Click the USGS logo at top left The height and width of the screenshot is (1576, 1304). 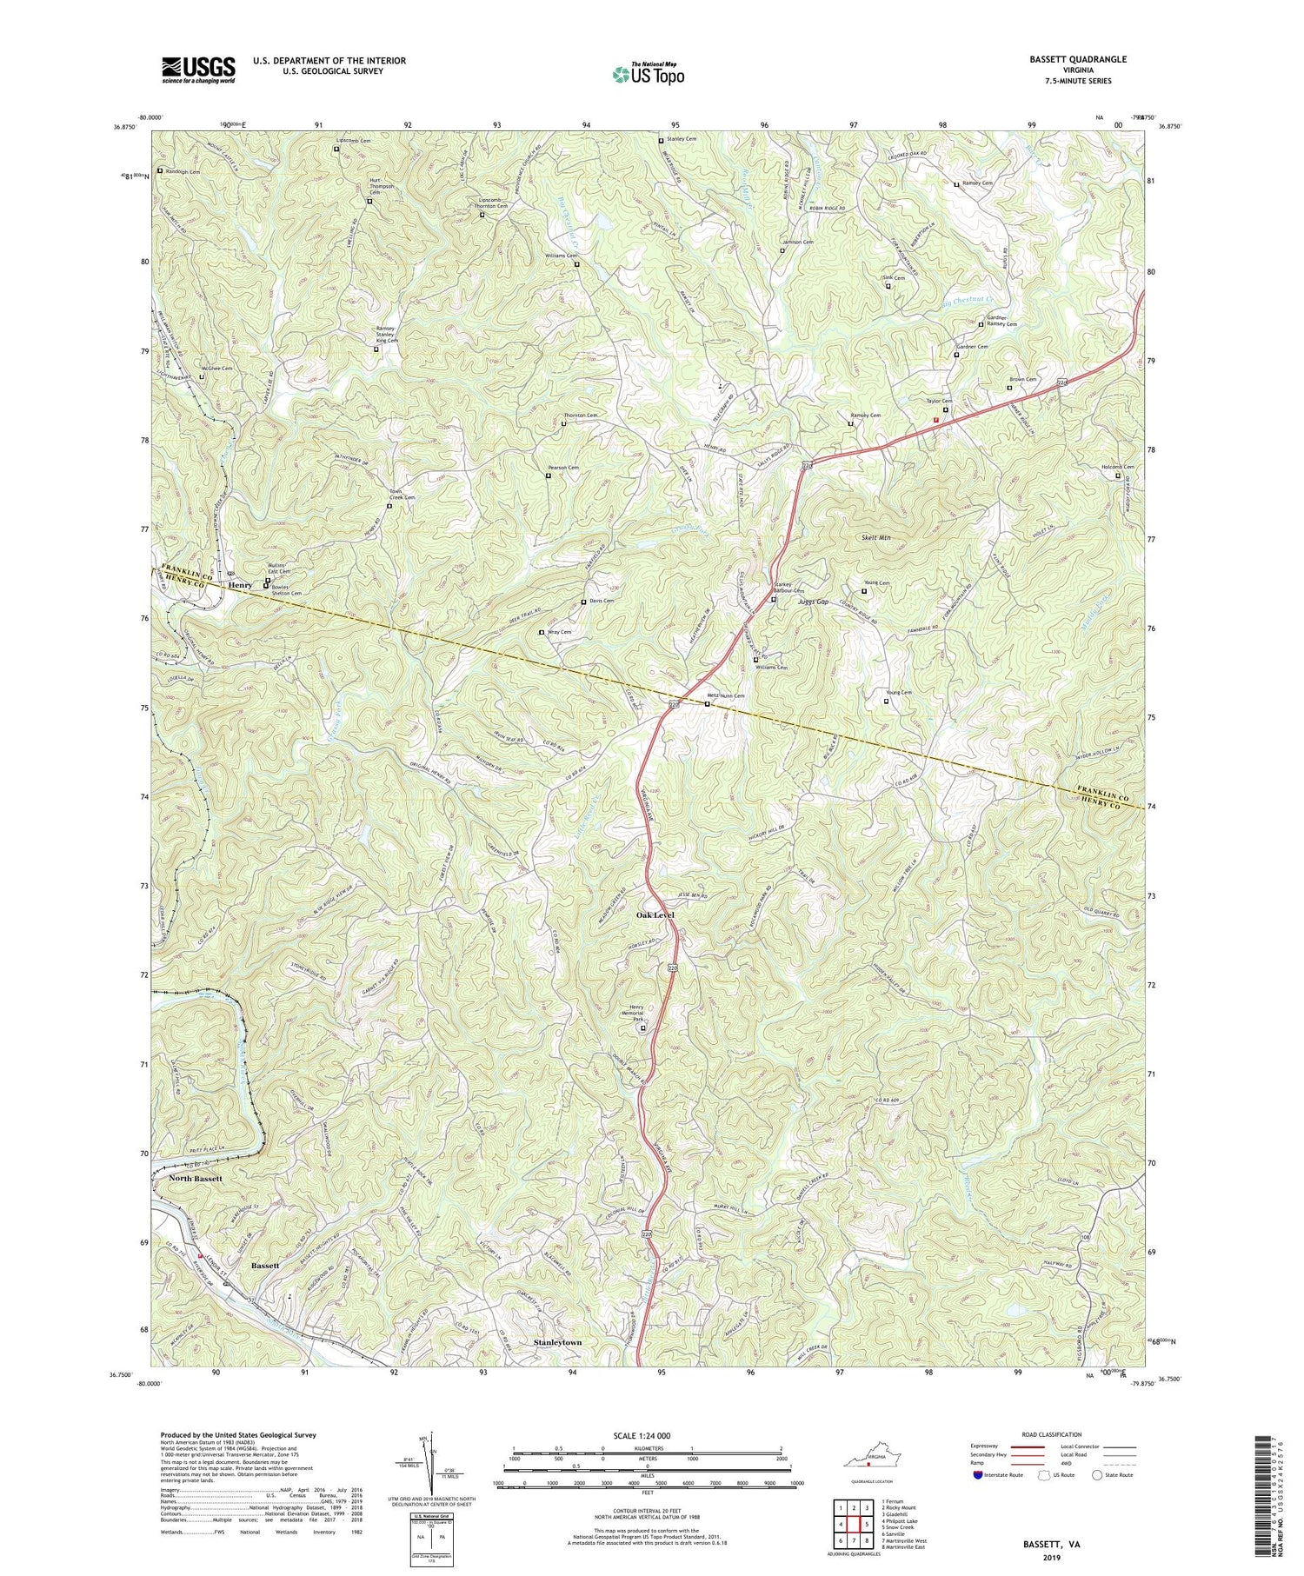(198, 69)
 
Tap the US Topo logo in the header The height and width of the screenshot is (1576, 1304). (649, 74)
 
